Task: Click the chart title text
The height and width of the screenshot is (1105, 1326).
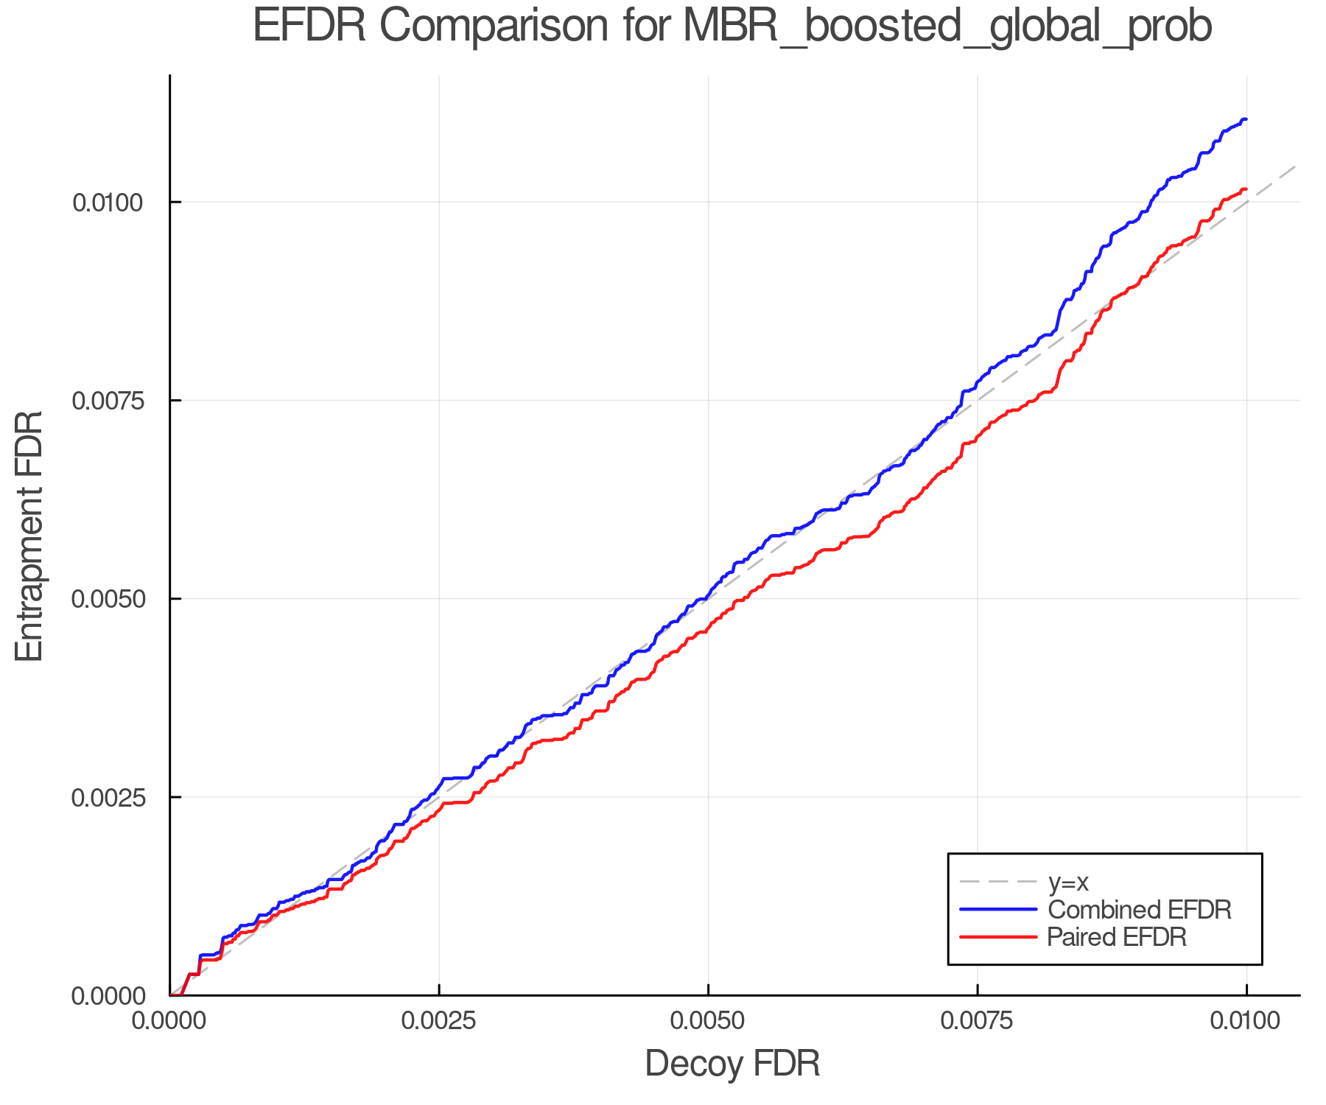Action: coord(732,27)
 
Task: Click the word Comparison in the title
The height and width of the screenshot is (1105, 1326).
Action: coord(494,27)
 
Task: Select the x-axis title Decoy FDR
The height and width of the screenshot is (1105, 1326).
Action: coord(732,1064)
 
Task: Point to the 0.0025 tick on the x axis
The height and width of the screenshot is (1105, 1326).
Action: coord(439,1021)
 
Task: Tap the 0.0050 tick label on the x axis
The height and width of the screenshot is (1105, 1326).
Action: coord(708,1021)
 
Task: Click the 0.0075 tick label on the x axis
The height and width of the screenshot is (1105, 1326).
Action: coord(978,1021)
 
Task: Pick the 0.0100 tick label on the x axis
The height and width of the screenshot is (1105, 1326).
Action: coord(1246,1021)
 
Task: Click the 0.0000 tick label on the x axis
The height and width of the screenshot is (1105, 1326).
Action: coord(170,1021)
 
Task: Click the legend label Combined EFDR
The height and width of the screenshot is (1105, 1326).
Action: coord(1139,910)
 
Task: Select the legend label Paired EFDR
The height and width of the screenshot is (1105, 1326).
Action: coord(1117,937)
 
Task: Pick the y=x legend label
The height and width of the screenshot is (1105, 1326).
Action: coord(1068,882)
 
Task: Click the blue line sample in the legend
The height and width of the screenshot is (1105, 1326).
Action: coord(998,910)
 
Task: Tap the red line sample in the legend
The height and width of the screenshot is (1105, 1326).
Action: coord(998,937)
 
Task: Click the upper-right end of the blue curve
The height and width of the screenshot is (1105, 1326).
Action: coord(1245,119)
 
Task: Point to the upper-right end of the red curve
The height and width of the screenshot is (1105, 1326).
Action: coord(1245,190)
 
